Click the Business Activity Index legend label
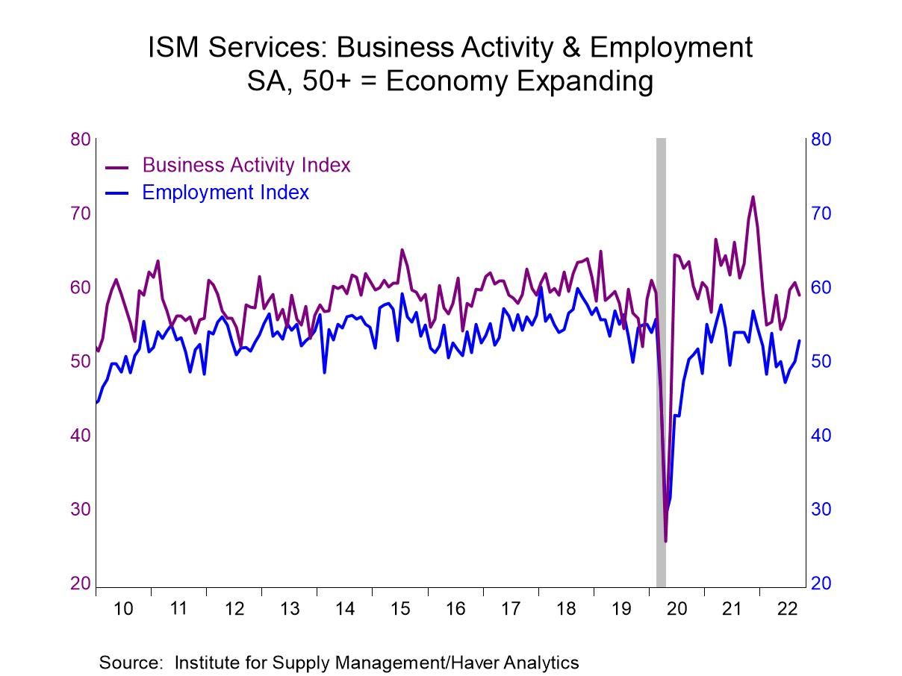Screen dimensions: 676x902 pyautogui.click(x=246, y=165)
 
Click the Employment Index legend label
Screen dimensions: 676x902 pyautogui.click(x=225, y=193)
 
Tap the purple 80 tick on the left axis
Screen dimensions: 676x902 pyautogui.click(x=80, y=140)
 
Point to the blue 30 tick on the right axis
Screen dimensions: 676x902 pyautogui.click(x=821, y=510)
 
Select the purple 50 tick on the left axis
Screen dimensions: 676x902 pyautogui.click(x=80, y=362)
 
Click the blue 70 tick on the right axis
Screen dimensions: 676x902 pyautogui.click(x=821, y=214)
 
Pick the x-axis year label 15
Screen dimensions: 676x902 pyautogui.click(x=399, y=609)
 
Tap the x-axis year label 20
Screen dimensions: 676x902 pyautogui.click(x=676, y=609)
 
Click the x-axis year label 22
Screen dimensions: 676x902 pyautogui.click(x=787, y=609)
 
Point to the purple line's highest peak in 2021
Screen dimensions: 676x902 pyautogui.click(x=752, y=197)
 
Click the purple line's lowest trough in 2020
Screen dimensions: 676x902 pyautogui.click(x=665, y=541)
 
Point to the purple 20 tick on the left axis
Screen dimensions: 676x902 pyautogui.click(x=80, y=583)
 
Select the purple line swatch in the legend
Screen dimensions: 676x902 pyautogui.click(x=117, y=166)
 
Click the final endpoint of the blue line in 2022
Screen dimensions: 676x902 pyautogui.click(x=800, y=341)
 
